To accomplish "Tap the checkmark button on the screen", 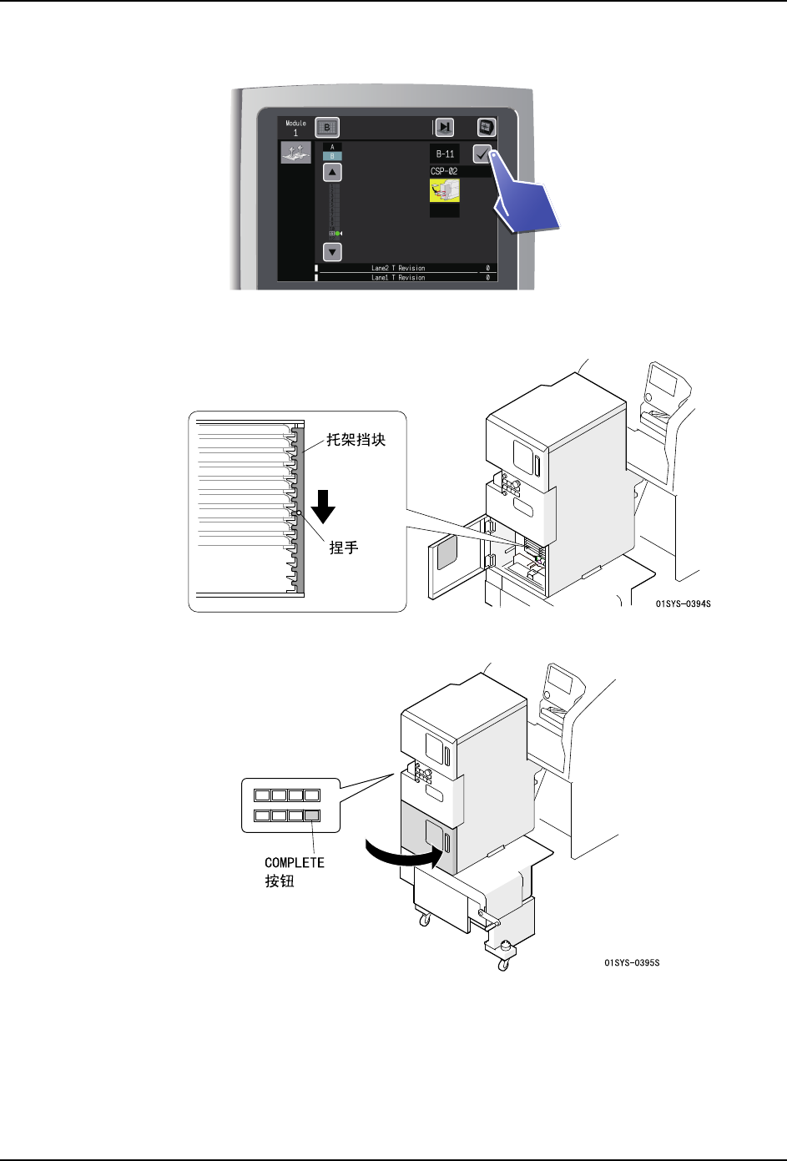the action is coord(482,154).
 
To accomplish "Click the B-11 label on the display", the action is coord(445,154).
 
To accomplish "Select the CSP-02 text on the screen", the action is coord(444,171).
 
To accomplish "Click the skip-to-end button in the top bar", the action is coord(445,127).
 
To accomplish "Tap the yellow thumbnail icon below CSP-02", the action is coord(444,192).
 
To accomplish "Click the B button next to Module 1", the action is coord(328,128).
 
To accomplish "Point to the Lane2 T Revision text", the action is coord(398,268).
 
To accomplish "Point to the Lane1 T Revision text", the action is coord(398,277).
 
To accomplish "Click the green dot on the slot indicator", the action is coord(338,233).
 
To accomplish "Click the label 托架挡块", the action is coord(356,440).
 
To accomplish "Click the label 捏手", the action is coord(344,548).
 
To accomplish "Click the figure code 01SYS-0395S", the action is coord(632,963).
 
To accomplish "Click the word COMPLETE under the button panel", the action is coord(295,862).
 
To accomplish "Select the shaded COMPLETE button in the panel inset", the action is coord(312,815).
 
